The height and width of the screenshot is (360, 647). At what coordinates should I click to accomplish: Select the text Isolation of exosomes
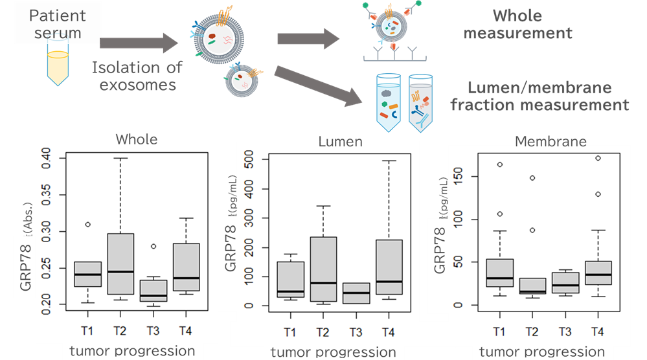[x=137, y=75]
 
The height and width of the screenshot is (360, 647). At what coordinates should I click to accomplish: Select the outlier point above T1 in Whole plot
[x=87, y=224]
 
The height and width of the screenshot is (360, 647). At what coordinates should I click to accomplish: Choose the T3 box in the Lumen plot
[x=356, y=293]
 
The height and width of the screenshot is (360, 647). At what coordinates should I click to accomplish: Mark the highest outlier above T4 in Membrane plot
[x=598, y=157]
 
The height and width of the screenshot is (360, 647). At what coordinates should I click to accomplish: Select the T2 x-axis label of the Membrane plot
[x=531, y=331]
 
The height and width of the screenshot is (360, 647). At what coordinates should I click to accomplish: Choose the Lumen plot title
[x=341, y=142]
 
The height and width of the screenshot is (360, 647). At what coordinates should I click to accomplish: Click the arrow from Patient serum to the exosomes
[x=137, y=44]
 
